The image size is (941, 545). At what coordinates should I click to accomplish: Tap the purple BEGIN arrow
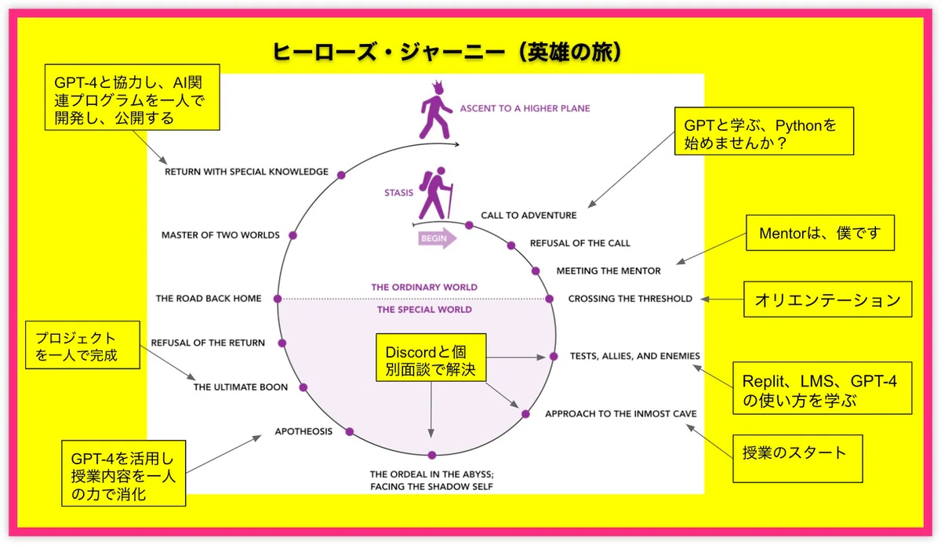438,238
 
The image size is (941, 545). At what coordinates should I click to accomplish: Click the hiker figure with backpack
436,192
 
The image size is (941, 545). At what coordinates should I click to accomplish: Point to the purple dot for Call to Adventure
469,226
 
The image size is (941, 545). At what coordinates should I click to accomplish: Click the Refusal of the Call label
579,243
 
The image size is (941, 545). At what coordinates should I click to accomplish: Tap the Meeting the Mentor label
609,271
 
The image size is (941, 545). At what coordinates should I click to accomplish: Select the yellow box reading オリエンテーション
827,300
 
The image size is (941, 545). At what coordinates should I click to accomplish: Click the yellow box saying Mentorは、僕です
820,233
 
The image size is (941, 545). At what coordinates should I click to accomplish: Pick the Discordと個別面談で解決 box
431,358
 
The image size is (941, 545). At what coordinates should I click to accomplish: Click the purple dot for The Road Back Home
278,299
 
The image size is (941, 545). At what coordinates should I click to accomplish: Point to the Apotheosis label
303,431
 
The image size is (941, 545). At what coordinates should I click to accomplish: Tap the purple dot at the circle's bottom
432,455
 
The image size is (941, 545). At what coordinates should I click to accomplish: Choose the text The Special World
424,310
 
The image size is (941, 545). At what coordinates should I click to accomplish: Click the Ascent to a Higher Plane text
525,108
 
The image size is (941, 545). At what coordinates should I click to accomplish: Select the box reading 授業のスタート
797,459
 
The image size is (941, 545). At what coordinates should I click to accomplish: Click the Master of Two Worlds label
220,235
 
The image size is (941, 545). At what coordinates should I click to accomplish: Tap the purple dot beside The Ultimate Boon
303,387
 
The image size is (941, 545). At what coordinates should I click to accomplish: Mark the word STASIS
398,193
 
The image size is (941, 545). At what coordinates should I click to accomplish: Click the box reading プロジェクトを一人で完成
83,345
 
